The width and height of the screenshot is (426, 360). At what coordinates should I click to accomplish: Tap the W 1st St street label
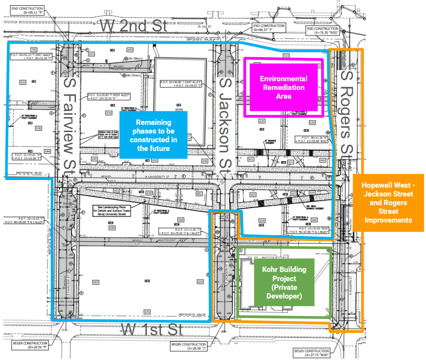point(151,330)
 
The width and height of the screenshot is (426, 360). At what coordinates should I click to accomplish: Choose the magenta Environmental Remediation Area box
point(283,87)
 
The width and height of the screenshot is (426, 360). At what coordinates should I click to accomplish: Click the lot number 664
point(200,282)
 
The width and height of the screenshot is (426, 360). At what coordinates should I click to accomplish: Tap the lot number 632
point(22,82)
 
